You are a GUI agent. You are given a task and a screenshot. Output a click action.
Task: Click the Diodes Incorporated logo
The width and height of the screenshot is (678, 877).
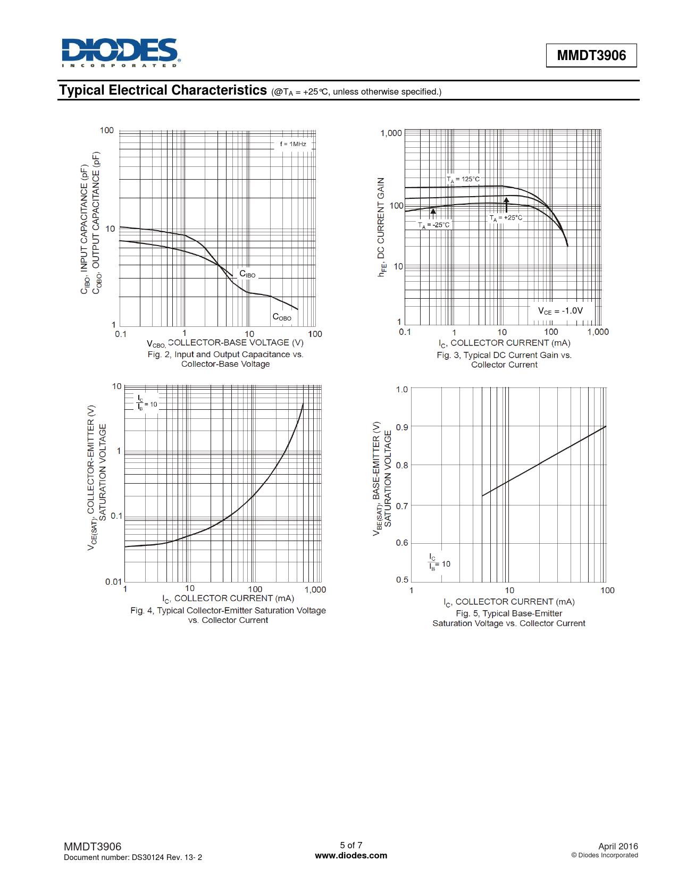pyautogui.click(x=121, y=52)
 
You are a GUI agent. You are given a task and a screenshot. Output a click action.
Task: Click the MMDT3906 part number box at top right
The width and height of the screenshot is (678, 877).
pyautogui.click(x=591, y=55)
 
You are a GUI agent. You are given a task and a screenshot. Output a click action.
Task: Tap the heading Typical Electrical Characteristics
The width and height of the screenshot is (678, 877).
pyautogui.click(x=163, y=90)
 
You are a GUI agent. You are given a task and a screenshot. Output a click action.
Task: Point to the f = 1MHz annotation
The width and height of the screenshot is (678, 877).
pyautogui.click(x=293, y=144)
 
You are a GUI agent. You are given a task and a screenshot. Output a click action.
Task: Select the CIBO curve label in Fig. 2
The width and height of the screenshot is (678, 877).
pyautogui.click(x=247, y=274)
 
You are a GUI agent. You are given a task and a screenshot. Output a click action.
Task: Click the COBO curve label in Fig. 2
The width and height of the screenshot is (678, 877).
pyautogui.click(x=281, y=317)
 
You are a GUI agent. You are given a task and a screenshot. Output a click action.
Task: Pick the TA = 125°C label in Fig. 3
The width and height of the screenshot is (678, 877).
pyautogui.click(x=463, y=179)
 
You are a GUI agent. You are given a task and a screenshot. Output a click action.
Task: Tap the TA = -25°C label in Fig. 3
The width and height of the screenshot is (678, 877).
pyautogui.click(x=434, y=225)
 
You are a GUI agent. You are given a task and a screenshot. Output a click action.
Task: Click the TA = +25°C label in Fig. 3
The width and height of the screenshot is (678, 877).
pyautogui.click(x=506, y=218)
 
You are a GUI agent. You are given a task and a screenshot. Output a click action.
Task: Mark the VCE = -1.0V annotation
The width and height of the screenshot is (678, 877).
pyautogui.click(x=560, y=311)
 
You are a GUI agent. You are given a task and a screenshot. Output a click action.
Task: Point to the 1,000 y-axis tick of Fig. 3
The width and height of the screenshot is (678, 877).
pyautogui.click(x=391, y=133)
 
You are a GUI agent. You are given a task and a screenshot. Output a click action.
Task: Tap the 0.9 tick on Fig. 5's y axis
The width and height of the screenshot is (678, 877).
pyautogui.click(x=402, y=427)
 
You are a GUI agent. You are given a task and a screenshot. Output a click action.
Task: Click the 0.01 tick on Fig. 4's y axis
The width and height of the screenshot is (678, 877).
pyautogui.click(x=113, y=581)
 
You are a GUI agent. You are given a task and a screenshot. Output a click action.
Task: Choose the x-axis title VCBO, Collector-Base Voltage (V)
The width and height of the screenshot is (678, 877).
pyautogui.click(x=225, y=343)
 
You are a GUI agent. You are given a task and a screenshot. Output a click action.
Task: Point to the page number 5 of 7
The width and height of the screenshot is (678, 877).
pyautogui.click(x=351, y=845)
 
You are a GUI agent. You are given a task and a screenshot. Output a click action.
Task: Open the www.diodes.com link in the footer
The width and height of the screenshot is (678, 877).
pyautogui.click(x=351, y=856)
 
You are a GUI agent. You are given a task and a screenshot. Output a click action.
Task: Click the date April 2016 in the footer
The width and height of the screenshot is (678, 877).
pyautogui.click(x=618, y=846)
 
